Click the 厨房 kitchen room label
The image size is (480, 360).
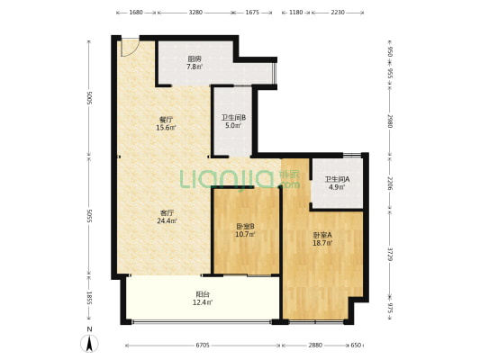pyautogui.click(x=195, y=58)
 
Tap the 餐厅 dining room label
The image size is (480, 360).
pyautogui.click(x=166, y=120)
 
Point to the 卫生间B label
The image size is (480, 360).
pyautogui.click(x=233, y=118)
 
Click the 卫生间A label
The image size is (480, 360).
pyautogui.click(x=337, y=179)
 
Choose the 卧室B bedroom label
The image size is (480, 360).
pyautogui.click(x=245, y=226)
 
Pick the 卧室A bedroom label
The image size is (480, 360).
pyautogui.click(x=322, y=235)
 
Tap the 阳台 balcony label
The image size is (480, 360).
pyautogui.click(x=203, y=294)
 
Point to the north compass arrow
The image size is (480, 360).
pyautogui.click(x=89, y=344)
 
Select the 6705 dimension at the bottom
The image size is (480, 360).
pyautogui.click(x=203, y=346)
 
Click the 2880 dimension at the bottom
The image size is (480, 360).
pyautogui.click(x=315, y=346)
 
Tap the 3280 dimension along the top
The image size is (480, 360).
pyautogui.click(x=195, y=13)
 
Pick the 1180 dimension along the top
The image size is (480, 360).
pyautogui.click(x=296, y=13)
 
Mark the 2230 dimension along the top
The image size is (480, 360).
pyautogui.click(x=338, y=13)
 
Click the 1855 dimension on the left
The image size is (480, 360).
pyautogui.click(x=89, y=298)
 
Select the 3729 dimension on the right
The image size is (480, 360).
pyautogui.click(x=390, y=254)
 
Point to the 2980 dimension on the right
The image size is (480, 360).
pyautogui.click(x=390, y=121)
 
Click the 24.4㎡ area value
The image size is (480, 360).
pyautogui.click(x=167, y=220)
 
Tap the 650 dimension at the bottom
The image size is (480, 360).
pyautogui.click(x=356, y=346)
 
